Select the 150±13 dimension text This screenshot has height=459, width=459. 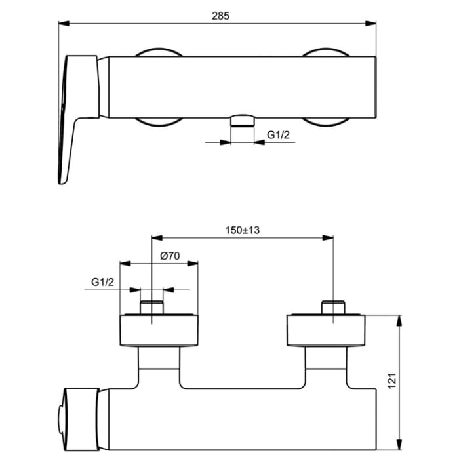pyautogui.click(x=242, y=230)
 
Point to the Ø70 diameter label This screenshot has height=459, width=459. pyautogui.click(x=170, y=256)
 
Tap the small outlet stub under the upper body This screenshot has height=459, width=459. pyautogui.click(x=242, y=119)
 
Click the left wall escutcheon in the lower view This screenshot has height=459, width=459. pyautogui.click(x=159, y=332)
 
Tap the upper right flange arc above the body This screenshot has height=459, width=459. pyautogui.click(x=325, y=52)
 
